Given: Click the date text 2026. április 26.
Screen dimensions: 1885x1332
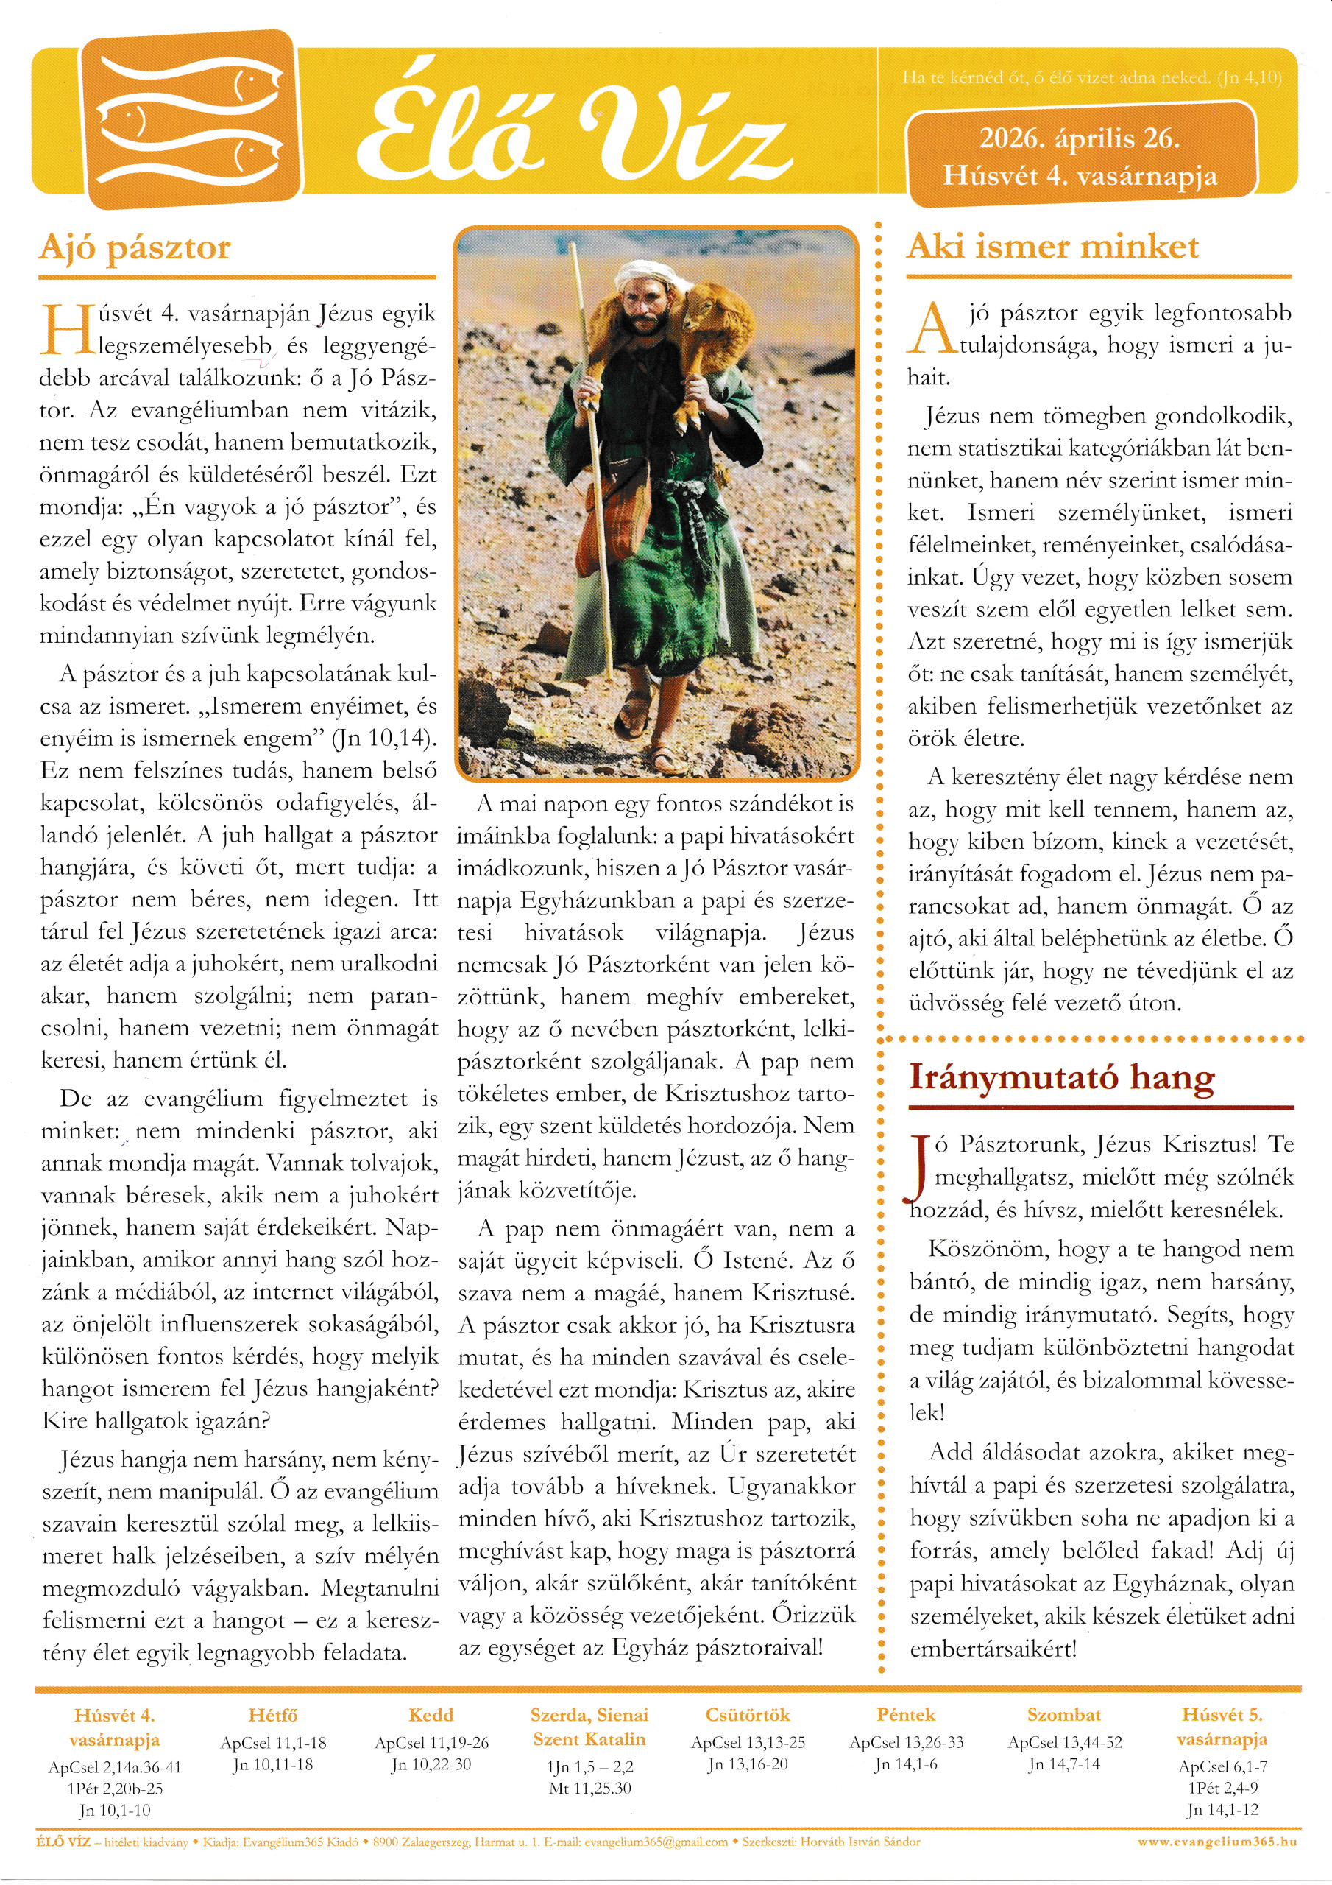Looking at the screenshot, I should (x=1080, y=138).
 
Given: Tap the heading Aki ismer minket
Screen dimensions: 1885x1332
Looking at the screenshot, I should (x=1052, y=246).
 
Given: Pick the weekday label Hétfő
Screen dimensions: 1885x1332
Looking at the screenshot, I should (x=272, y=1715).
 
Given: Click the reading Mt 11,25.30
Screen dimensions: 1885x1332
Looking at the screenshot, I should (x=590, y=1788).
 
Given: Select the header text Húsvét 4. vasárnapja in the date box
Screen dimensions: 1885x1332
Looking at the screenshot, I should (x=1080, y=176).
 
